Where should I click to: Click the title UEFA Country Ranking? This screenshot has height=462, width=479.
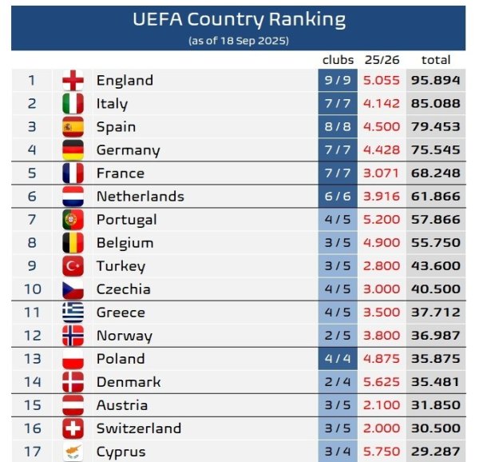click(239, 20)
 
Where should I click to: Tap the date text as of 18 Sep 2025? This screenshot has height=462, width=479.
click(239, 40)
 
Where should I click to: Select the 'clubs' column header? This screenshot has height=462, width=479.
click(338, 60)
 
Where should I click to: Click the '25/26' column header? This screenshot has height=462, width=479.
click(381, 60)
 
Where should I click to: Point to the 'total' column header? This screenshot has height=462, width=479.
click(435, 60)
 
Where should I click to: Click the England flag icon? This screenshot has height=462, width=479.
click(73, 81)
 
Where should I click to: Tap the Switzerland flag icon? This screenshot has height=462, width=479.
click(73, 428)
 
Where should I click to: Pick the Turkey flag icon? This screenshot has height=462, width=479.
click(73, 266)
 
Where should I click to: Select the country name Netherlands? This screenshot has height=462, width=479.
click(140, 197)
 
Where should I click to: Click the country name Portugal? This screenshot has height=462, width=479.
click(126, 220)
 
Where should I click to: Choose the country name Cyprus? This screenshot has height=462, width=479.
click(121, 452)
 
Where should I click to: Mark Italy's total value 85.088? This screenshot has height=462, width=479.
click(436, 104)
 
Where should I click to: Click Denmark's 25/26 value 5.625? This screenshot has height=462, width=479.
click(381, 382)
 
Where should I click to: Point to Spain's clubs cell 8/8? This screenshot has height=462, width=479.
click(338, 127)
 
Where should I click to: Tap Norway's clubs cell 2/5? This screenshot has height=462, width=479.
click(338, 336)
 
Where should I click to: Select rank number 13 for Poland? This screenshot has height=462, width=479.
click(32, 359)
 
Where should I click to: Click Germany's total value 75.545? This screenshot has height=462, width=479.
click(436, 150)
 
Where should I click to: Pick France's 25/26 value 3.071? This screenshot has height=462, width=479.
click(381, 173)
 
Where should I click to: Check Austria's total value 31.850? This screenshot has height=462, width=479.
click(436, 405)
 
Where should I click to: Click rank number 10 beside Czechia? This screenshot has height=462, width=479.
click(32, 289)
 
